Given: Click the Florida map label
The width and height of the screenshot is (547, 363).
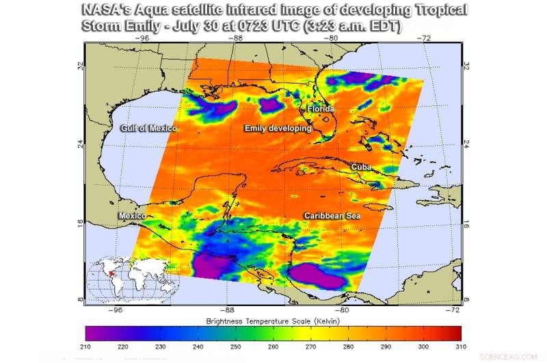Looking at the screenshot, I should [x=320, y=109].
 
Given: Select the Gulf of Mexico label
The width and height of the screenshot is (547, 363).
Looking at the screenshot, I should [x=149, y=129].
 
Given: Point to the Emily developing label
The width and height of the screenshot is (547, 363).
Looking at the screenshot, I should [x=278, y=129].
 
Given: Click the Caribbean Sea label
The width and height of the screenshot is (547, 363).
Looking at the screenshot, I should [x=332, y=216].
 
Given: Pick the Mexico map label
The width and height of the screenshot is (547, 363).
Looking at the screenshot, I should [x=132, y=216].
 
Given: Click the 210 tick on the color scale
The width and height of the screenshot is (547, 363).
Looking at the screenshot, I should [x=87, y=347].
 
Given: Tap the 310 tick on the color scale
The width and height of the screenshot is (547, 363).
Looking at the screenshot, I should [x=459, y=347].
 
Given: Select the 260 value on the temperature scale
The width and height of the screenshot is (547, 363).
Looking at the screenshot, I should [x=273, y=347].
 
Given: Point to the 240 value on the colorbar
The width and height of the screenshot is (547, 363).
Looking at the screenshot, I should [x=199, y=347].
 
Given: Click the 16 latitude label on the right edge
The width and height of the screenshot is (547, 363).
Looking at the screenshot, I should [x=467, y=224].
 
